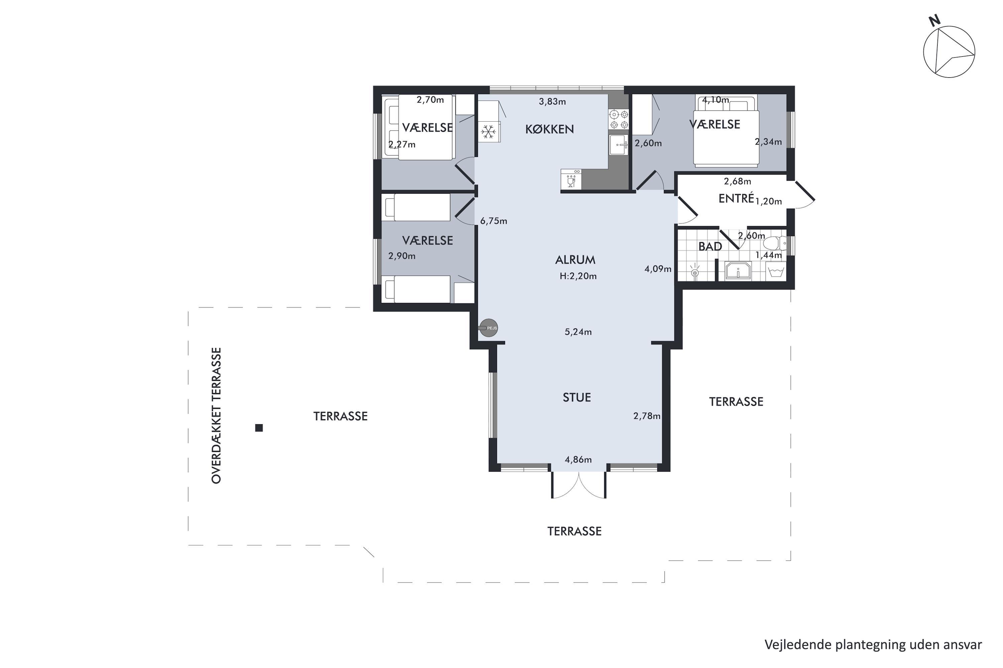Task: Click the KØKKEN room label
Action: point(549,129)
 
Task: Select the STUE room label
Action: point(576,397)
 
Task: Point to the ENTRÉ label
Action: point(736,198)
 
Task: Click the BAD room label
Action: point(710,246)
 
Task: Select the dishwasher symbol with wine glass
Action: point(571,179)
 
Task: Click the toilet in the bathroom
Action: point(774,243)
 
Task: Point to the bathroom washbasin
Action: point(738,271)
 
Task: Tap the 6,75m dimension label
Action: point(493,221)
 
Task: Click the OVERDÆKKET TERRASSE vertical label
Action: point(216,415)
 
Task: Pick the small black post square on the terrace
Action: point(259,428)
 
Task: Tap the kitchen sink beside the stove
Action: point(618,145)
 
